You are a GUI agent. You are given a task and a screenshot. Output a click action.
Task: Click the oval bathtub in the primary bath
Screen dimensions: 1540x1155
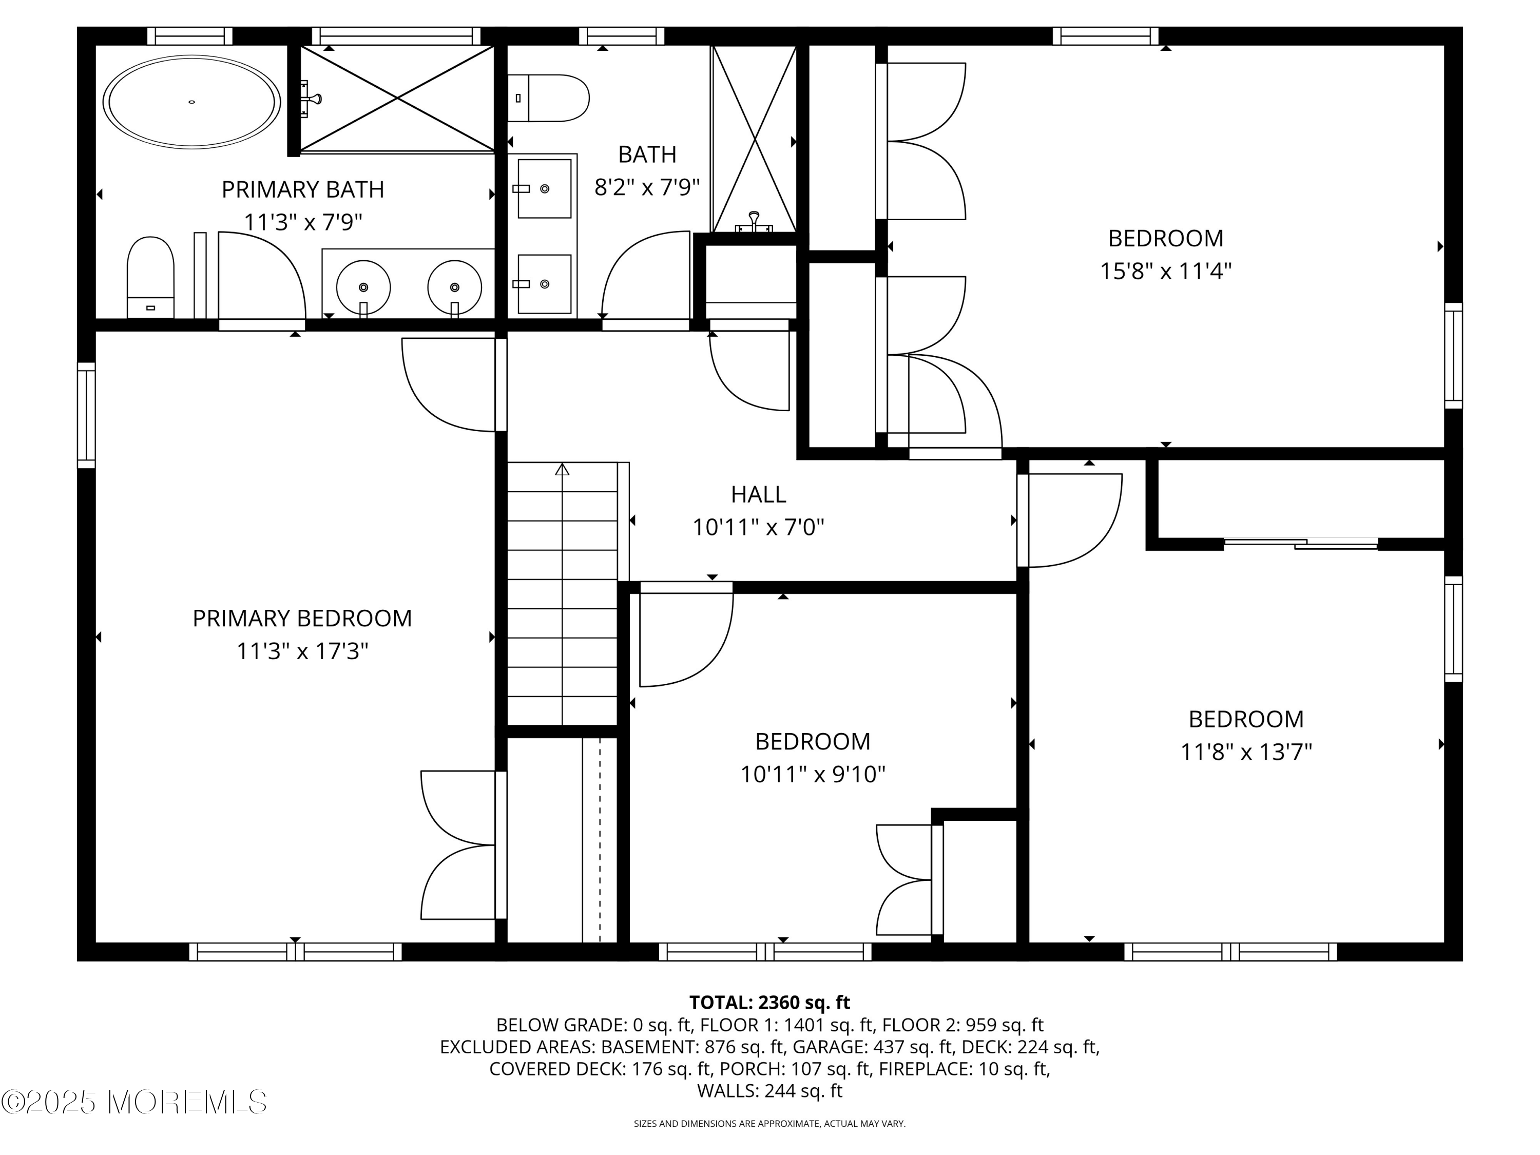[191, 102]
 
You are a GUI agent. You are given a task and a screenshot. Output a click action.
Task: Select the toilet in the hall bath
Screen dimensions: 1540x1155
[548, 98]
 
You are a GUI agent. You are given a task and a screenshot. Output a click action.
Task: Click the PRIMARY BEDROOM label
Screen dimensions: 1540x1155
[302, 618]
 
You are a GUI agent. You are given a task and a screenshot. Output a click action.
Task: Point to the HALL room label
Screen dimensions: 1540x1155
[758, 494]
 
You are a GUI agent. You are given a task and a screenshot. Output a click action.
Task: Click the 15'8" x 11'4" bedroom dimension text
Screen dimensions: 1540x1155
[1165, 271]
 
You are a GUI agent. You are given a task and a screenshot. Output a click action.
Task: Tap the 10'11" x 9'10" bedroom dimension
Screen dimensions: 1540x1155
[813, 774]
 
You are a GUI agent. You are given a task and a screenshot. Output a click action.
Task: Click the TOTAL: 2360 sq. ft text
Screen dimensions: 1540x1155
[769, 1002]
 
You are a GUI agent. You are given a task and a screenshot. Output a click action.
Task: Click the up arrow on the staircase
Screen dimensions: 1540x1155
[562, 469]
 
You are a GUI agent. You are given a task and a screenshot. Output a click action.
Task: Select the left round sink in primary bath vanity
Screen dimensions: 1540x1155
[363, 287]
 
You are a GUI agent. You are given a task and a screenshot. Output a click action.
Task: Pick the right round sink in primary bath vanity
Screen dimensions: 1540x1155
[455, 287]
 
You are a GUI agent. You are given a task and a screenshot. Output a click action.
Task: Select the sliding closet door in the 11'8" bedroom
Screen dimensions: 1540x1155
[1300, 543]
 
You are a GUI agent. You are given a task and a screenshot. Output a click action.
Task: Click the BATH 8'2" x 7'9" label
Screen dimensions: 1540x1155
[647, 170]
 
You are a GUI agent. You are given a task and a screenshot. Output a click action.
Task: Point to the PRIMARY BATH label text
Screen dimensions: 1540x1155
[303, 189]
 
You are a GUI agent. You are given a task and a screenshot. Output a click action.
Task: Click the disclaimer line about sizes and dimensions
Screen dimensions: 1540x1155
[769, 1124]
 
